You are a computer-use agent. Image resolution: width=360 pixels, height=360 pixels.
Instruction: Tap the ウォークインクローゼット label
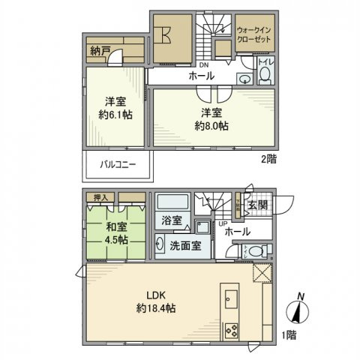(x=254, y=34)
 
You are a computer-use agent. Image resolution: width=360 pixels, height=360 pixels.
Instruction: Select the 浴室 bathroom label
(x=172, y=220)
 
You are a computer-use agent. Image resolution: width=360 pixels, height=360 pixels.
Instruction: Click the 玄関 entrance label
(x=258, y=206)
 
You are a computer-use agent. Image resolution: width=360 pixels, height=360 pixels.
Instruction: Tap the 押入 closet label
(x=100, y=197)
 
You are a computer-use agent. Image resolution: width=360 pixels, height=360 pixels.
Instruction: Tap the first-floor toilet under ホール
(x=256, y=251)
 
